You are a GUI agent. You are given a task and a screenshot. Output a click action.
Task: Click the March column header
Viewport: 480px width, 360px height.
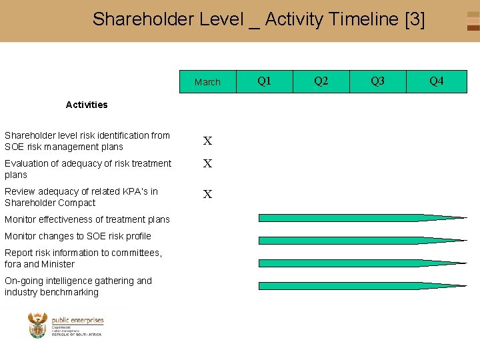pos(207,82)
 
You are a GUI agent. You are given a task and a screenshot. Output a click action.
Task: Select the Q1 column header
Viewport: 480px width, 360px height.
pos(265,81)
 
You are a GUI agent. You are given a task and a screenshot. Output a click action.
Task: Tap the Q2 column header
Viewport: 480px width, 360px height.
pos(321,81)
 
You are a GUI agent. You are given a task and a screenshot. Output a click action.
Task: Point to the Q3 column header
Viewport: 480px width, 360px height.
pos(378,81)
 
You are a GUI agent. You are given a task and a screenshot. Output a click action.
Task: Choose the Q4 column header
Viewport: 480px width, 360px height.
pos(436,81)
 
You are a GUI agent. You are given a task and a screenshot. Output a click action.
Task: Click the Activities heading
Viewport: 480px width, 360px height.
pos(87,105)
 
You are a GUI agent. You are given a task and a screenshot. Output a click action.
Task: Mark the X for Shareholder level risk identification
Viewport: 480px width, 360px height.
pos(208,141)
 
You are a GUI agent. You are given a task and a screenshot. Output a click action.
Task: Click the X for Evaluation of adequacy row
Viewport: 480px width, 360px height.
pos(208,164)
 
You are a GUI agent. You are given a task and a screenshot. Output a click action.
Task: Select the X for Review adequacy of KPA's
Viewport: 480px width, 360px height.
pos(208,195)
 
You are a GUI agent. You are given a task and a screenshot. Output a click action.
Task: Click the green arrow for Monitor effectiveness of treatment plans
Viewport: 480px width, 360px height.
pos(360,217)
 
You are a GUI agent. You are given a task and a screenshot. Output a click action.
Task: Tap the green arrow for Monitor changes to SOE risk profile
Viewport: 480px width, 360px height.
pos(360,240)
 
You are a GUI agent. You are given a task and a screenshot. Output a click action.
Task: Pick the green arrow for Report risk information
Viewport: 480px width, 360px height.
pos(360,263)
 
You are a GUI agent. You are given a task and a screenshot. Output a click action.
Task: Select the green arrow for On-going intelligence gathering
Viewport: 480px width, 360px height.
pos(360,285)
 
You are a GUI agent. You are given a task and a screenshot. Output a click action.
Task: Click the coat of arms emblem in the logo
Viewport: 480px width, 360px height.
pos(38,326)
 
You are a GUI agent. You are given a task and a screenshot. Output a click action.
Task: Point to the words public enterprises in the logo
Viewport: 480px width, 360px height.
pos(77,321)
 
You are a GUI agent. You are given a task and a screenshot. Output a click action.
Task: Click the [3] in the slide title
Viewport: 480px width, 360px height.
pos(415,19)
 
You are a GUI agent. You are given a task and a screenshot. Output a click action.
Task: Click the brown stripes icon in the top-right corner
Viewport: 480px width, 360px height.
pos(473,21)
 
